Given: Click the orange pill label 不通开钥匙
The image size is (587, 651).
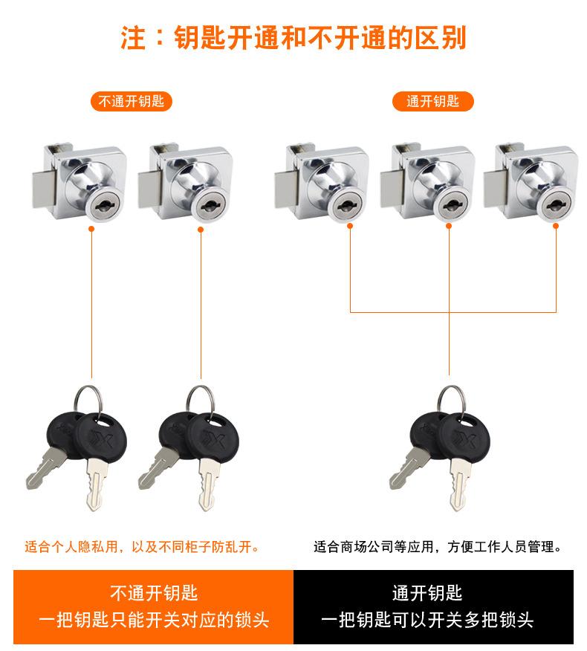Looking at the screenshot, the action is [x=132, y=101].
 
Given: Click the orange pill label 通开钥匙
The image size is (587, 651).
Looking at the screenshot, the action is [x=432, y=101].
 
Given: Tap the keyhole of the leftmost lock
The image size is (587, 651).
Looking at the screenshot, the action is [x=105, y=205].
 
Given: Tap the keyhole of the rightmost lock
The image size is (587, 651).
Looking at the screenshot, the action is [x=556, y=206].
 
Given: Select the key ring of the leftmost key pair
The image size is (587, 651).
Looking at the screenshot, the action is [x=88, y=401].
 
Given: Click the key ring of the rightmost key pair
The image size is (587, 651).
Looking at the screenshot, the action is [x=451, y=401].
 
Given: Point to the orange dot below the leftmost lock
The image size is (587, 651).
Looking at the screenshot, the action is [x=91, y=229].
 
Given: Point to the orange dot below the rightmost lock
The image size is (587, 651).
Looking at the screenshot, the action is [x=556, y=226].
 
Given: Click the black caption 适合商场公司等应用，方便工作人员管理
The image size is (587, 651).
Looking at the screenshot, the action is [x=438, y=546].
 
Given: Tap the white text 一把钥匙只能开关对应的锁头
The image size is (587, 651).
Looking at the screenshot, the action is [x=154, y=620].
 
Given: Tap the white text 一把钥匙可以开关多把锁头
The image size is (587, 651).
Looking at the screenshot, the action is [x=427, y=620].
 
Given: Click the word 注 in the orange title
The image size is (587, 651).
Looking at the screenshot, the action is [x=133, y=38].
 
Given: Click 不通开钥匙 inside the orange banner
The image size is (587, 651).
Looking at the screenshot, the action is [x=154, y=593].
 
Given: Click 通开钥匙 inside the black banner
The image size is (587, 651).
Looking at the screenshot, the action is [x=427, y=593].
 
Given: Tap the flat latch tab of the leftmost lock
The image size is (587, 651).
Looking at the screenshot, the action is [x=44, y=189].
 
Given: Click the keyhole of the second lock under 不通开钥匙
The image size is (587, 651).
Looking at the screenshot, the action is [x=211, y=205].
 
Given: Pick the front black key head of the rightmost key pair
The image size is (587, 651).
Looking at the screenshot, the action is [x=464, y=437].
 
